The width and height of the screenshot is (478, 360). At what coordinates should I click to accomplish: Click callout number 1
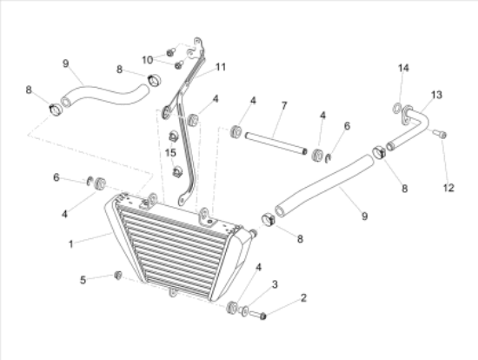(x=70, y=244)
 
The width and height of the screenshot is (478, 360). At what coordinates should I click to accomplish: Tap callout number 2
(x=303, y=297)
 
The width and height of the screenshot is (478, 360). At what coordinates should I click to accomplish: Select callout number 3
(x=275, y=284)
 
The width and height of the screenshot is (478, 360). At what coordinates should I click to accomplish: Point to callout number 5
(x=83, y=280)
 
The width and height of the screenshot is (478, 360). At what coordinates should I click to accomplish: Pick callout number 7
(x=284, y=105)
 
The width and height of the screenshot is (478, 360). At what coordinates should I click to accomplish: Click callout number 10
(x=147, y=60)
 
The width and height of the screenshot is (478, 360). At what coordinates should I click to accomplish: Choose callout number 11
(x=221, y=67)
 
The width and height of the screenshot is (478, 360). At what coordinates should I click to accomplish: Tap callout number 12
(x=448, y=188)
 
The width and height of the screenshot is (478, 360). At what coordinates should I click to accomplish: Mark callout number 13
(x=436, y=95)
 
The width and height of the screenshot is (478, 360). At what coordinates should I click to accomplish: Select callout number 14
(x=403, y=68)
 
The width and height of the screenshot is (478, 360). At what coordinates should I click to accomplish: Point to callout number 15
(x=170, y=152)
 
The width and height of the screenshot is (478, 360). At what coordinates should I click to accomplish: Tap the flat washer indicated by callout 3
(x=244, y=311)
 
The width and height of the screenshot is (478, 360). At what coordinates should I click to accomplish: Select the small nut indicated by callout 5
(x=118, y=275)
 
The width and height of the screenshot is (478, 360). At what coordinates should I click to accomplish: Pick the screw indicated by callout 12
(x=440, y=134)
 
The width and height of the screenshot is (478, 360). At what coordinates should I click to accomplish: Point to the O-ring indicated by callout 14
(x=397, y=109)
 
